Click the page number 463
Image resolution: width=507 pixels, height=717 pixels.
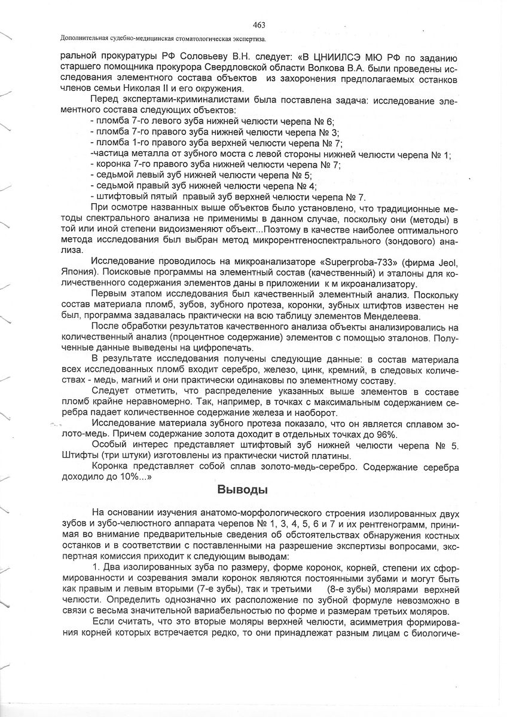(259, 24)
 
